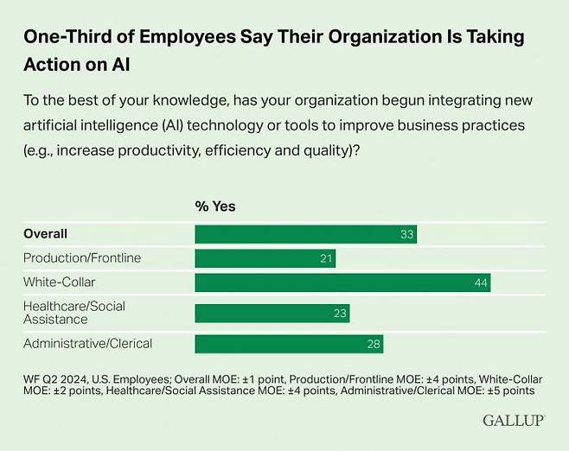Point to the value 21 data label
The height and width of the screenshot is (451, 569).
point(326,258)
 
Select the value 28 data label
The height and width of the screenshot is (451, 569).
point(373,344)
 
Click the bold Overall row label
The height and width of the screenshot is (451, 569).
point(45,233)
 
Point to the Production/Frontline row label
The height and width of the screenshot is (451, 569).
point(82,257)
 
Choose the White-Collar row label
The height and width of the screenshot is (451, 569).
point(59,282)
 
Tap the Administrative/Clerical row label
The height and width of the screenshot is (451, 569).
point(87,343)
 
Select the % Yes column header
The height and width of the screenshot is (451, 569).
point(215,206)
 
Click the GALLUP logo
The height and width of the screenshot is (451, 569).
point(513,421)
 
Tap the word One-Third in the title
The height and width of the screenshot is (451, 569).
point(64,37)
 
